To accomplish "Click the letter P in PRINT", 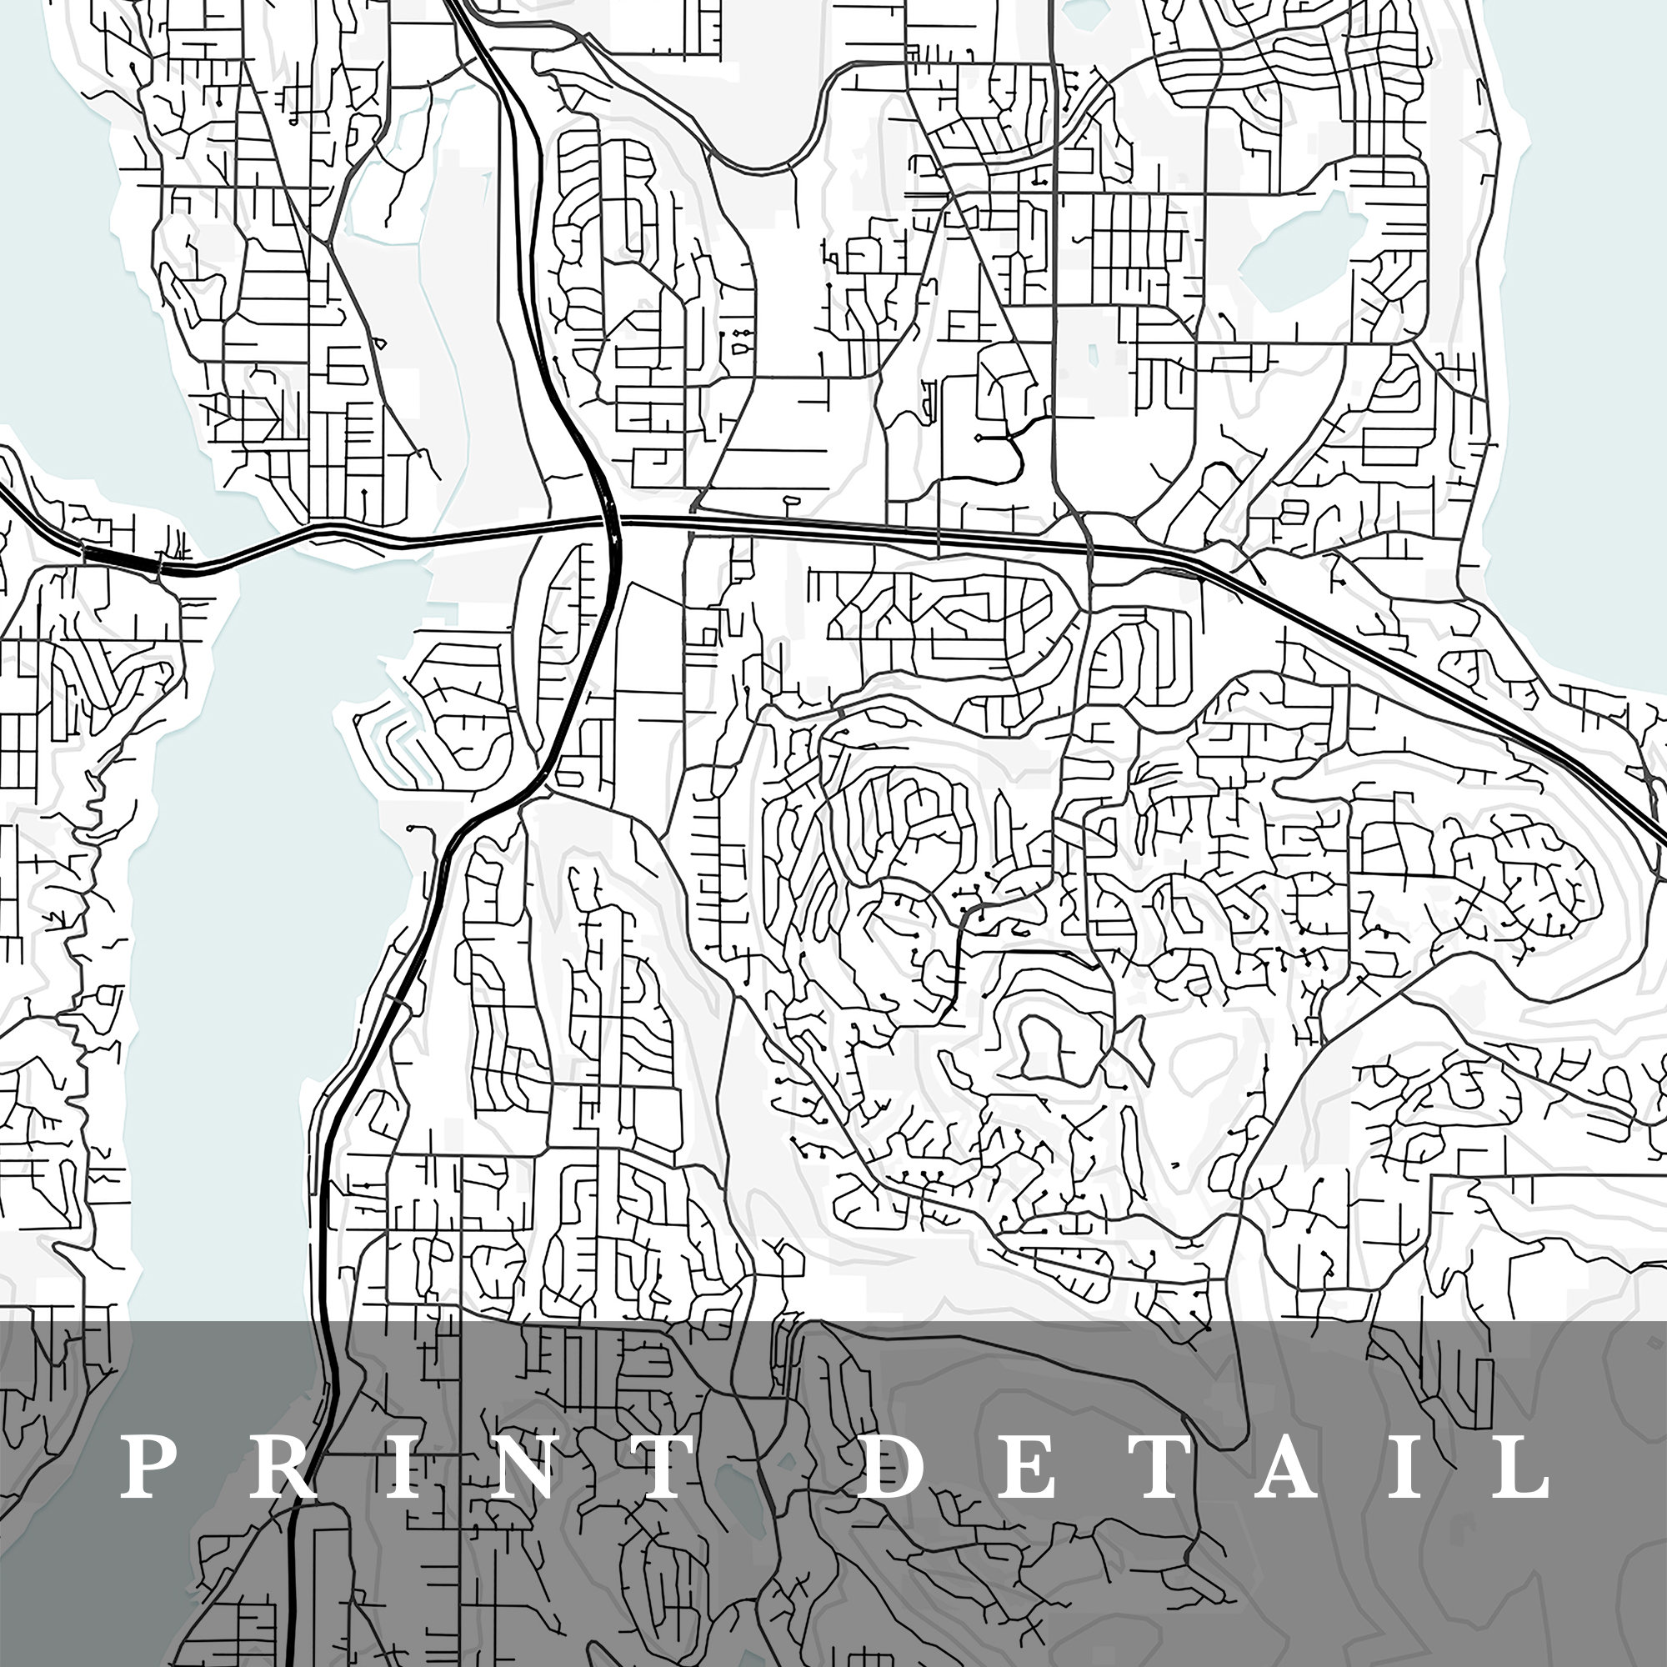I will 143,1466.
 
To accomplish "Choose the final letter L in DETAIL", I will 1523,1466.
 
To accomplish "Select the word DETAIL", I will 1208,1466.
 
